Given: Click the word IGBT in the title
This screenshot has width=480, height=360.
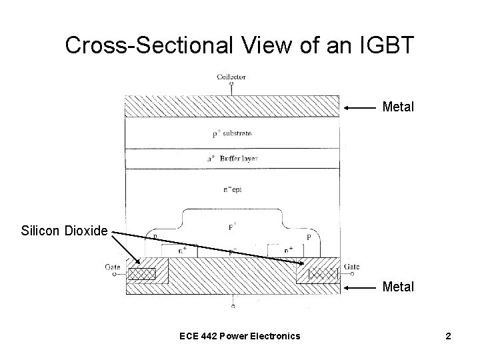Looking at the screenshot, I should [x=387, y=45].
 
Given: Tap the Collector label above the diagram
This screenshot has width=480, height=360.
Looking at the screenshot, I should [x=231, y=77].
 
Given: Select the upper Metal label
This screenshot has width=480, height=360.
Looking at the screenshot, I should [x=398, y=107].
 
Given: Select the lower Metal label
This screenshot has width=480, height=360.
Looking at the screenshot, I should [x=398, y=287].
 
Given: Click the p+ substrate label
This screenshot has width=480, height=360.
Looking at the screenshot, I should [x=232, y=133].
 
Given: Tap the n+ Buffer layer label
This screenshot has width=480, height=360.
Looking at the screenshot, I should [x=232, y=159].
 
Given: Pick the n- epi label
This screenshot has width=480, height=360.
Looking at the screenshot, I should [x=232, y=189].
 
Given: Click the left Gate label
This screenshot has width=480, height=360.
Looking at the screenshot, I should [x=113, y=267].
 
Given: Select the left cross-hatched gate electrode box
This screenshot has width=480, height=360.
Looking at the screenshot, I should [x=141, y=274].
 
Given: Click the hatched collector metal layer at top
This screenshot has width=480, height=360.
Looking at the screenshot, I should [x=232, y=107].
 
